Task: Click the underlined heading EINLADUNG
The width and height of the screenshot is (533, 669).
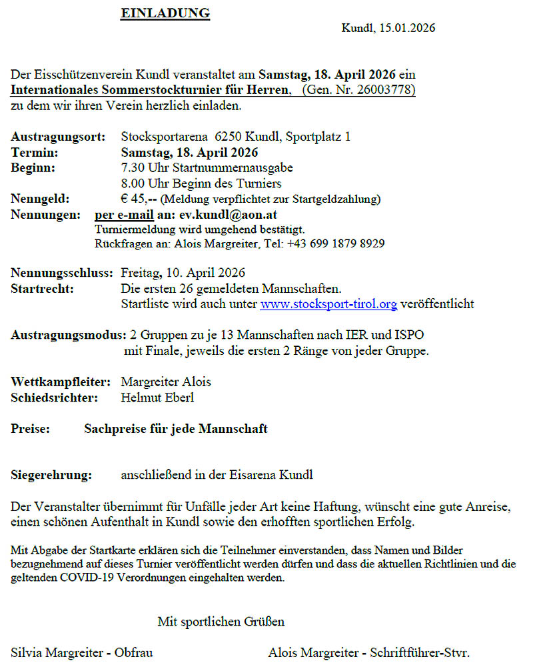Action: (x=165, y=13)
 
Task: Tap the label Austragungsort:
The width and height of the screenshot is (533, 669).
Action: (x=58, y=137)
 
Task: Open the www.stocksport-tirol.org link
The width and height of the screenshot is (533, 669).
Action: (x=328, y=304)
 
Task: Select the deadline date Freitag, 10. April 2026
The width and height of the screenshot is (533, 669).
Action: (x=183, y=273)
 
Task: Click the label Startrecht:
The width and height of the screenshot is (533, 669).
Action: (x=43, y=289)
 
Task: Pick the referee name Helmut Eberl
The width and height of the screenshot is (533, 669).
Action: (x=157, y=398)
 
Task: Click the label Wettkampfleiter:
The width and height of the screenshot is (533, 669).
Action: (x=61, y=382)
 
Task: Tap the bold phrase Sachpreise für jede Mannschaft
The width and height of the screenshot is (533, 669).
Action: (x=176, y=429)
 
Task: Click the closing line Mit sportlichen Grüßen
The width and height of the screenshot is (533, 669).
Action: (x=221, y=622)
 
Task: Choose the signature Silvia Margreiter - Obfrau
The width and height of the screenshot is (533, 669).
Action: (x=82, y=652)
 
